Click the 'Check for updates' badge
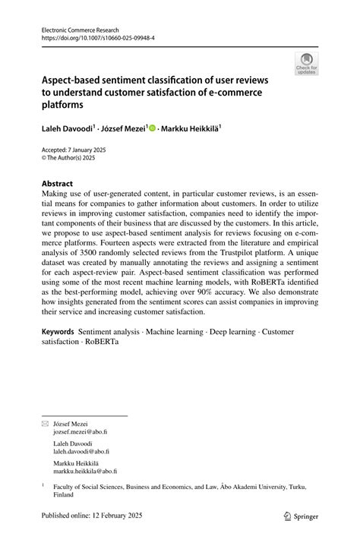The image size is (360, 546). (x=307, y=63)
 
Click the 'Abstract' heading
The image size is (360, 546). (x=58, y=184)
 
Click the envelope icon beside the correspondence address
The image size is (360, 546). (x=45, y=421)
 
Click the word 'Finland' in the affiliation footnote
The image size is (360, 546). (x=64, y=494)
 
